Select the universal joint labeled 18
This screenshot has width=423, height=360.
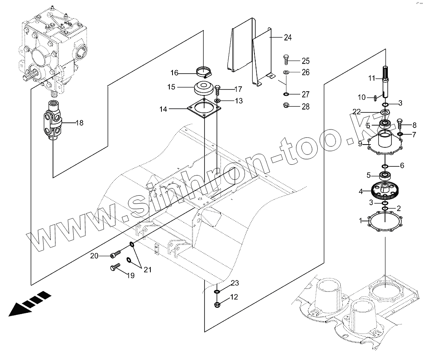pyautogui.click(x=52, y=123)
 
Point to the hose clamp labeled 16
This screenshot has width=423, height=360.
pyautogui.click(x=205, y=71)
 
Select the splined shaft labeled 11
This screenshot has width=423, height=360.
pyautogui.click(x=385, y=80)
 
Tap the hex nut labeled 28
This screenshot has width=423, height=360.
pyautogui.click(x=286, y=106)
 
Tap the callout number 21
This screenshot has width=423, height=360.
pyautogui.click(x=147, y=270)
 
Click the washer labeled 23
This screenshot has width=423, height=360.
pyautogui.click(x=217, y=291)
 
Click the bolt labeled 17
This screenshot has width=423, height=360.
pyautogui.click(x=218, y=89)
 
